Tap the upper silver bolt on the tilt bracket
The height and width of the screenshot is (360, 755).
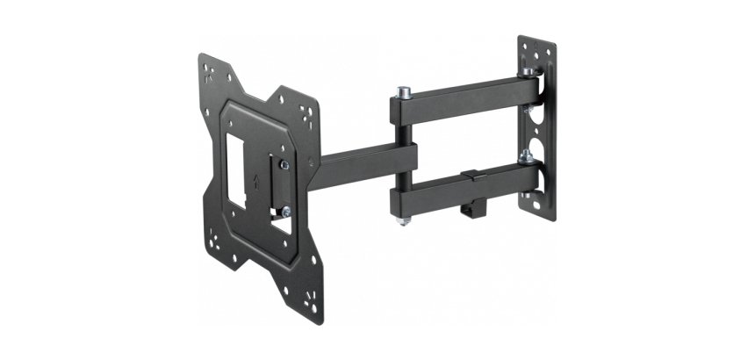click(x=284, y=164)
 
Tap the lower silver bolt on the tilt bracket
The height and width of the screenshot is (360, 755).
click(x=285, y=211)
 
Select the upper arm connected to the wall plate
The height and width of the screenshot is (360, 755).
click(x=461, y=97)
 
